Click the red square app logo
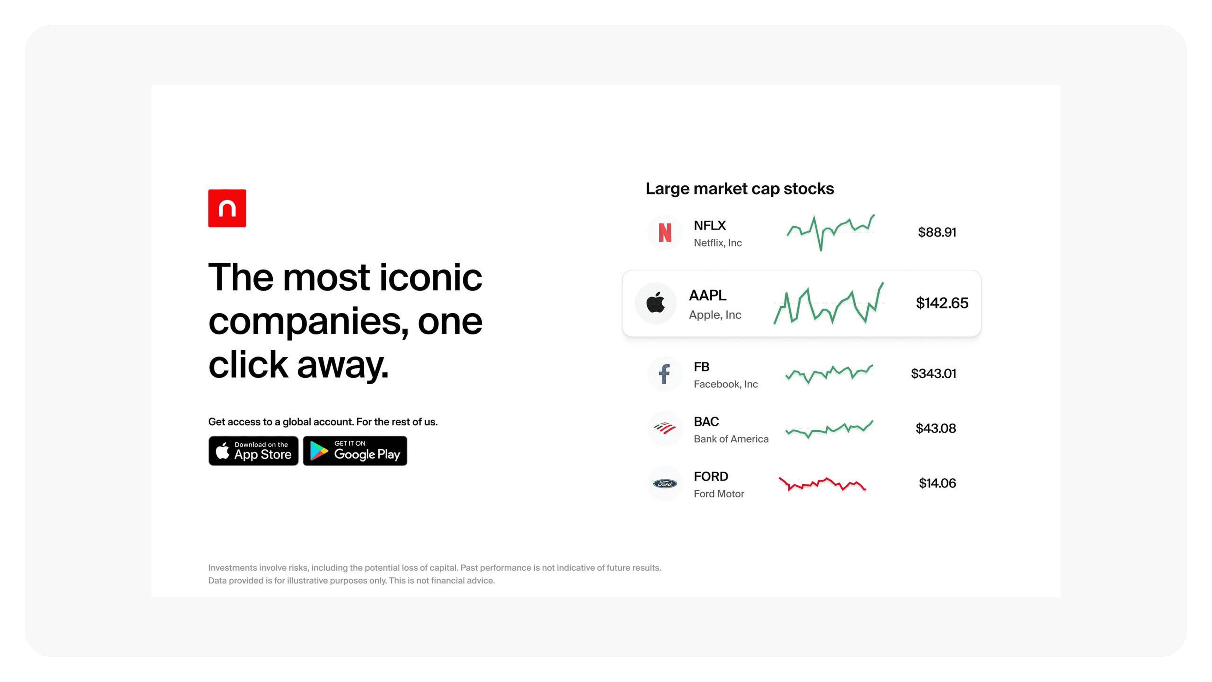(x=227, y=208)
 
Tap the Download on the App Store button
(x=253, y=451)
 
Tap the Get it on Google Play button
(x=355, y=451)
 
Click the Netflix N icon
(x=665, y=232)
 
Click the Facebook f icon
(x=664, y=374)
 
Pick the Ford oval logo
(x=665, y=483)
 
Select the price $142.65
(x=942, y=303)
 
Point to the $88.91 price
(x=937, y=232)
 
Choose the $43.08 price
(x=935, y=428)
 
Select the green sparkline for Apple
(x=829, y=303)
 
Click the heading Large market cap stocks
(x=740, y=189)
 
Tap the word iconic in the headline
(x=431, y=277)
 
